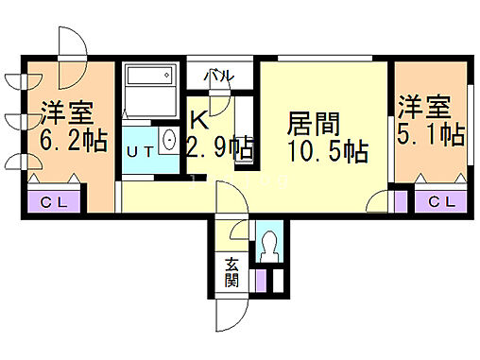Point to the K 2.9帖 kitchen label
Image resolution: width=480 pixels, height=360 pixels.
pos(217,135)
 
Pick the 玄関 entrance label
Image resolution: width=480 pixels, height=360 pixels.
pos(231,272)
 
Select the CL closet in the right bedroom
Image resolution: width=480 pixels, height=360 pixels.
pos(439,200)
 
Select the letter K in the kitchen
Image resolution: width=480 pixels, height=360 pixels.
pos(199,120)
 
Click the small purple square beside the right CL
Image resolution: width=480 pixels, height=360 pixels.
pos(400,200)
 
